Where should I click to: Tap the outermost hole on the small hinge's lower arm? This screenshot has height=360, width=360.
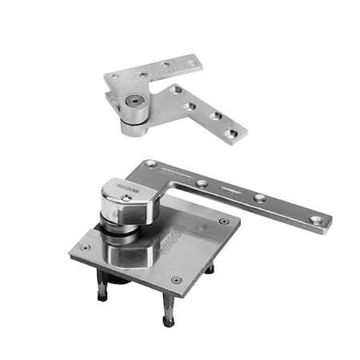click(x=230, y=134)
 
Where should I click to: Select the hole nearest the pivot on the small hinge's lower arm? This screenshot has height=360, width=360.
click(x=174, y=90)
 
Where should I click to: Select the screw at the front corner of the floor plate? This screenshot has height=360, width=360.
click(x=176, y=281)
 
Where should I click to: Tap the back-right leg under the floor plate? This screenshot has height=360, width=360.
click(x=210, y=269)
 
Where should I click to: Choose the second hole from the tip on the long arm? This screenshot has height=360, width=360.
click(x=260, y=198)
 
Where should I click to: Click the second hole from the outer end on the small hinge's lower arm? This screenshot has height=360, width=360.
click(x=214, y=117)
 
